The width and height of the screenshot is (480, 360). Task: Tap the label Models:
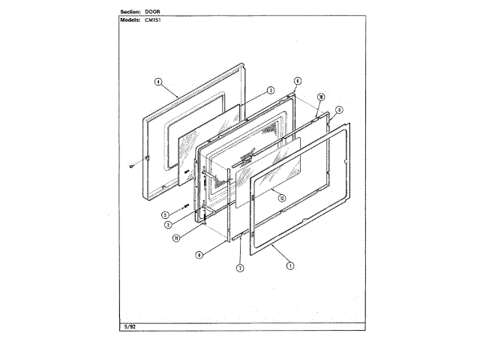[x=131, y=21]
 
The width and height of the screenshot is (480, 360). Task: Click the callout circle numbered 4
[x=158, y=82]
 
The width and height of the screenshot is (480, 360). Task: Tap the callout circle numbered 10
[x=320, y=97]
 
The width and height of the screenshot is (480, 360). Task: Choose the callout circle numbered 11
[x=175, y=238]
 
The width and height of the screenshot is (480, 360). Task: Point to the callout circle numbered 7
[x=239, y=267]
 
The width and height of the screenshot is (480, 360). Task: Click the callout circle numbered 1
[x=289, y=263]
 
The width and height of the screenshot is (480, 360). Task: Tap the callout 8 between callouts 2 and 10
[x=297, y=81]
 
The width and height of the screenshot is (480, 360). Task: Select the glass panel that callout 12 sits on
[x=266, y=180]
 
